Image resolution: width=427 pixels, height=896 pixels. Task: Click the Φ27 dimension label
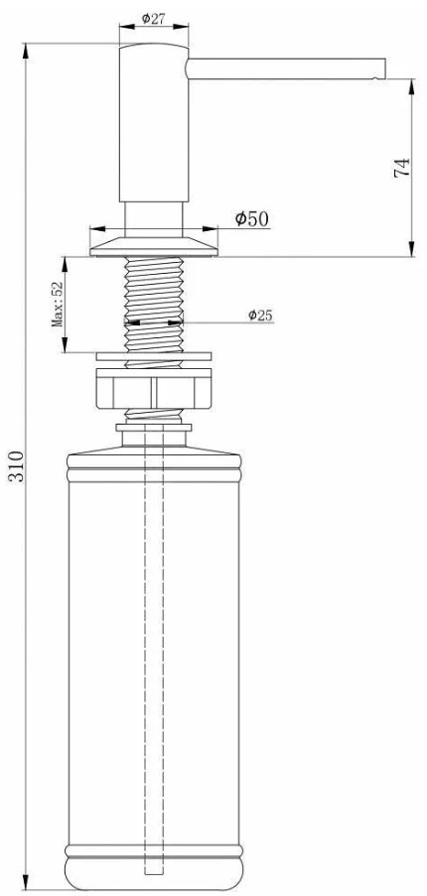coord(153,18)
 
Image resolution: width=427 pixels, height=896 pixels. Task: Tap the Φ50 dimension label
coord(251,219)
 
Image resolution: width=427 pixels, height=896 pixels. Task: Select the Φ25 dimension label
coord(260,315)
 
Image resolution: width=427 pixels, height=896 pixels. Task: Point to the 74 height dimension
coord(402,167)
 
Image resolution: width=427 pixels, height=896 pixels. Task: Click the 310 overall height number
coord(16,466)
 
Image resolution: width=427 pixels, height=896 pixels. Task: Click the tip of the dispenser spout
coord(384,68)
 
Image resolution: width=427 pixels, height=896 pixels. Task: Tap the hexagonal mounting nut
coord(154,389)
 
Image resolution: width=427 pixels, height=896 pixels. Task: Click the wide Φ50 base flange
coord(154,246)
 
